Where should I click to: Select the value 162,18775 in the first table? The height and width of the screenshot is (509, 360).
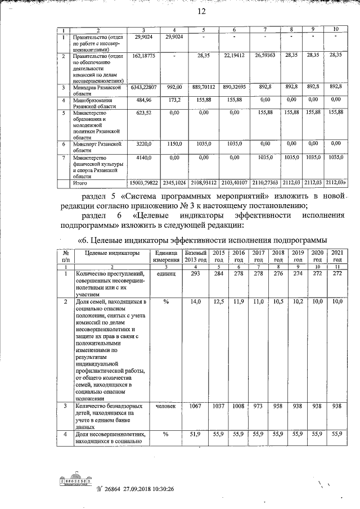(x=144, y=56)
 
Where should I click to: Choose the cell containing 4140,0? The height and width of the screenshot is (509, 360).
(x=144, y=159)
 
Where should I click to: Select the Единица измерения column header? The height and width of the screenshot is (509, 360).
(x=166, y=256)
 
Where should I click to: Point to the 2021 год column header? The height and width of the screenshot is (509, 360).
(x=337, y=256)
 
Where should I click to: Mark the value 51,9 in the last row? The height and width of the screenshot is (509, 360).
(x=196, y=434)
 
